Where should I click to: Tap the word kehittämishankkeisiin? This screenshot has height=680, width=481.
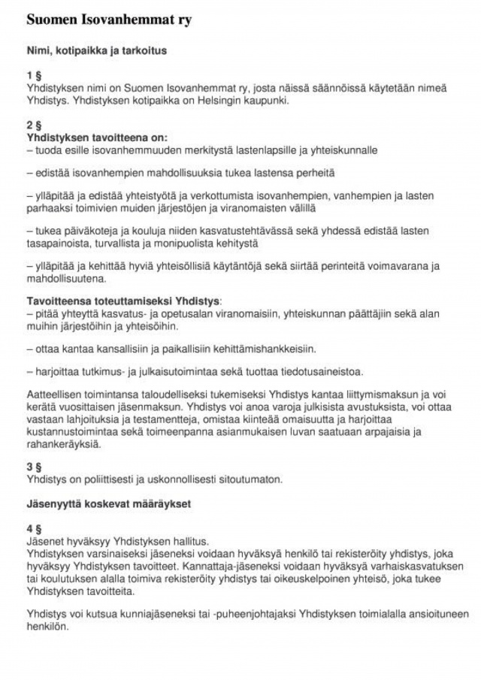click(263, 349)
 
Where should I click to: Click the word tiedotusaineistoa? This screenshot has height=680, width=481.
click(321, 372)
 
